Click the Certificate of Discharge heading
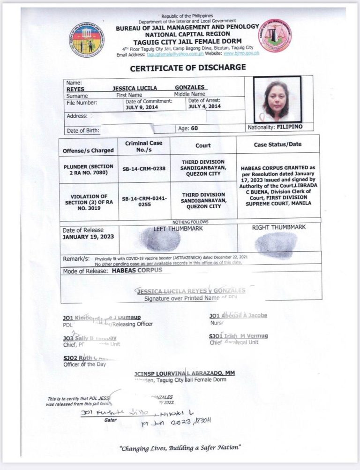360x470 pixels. pyautogui.click(x=187, y=68)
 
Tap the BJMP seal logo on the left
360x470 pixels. pyautogui.click(x=87, y=40)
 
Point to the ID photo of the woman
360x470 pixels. pyautogui.click(x=277, y=99)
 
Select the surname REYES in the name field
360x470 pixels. pyautogui.click(x=75, y=88)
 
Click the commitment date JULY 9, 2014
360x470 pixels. pyautogui.click(x=141, y=107)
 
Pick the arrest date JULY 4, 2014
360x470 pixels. pyautogui.click(x=204, y=106)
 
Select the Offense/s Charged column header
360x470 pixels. pyautogui.click(x=88, y=151)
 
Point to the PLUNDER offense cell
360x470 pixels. pyautogui.click(x=88, y=169)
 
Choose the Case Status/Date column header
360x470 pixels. pyautogui.click(x=277, y=144)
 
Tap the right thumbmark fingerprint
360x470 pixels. pyautogui.click(x=276, y=245)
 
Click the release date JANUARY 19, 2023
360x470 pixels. pyautogui.click(x=88, y=237)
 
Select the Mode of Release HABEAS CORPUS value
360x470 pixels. pyautogui.click(x=137, y=270)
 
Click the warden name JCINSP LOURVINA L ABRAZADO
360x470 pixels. pyautogui.click(x=184, y=373)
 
